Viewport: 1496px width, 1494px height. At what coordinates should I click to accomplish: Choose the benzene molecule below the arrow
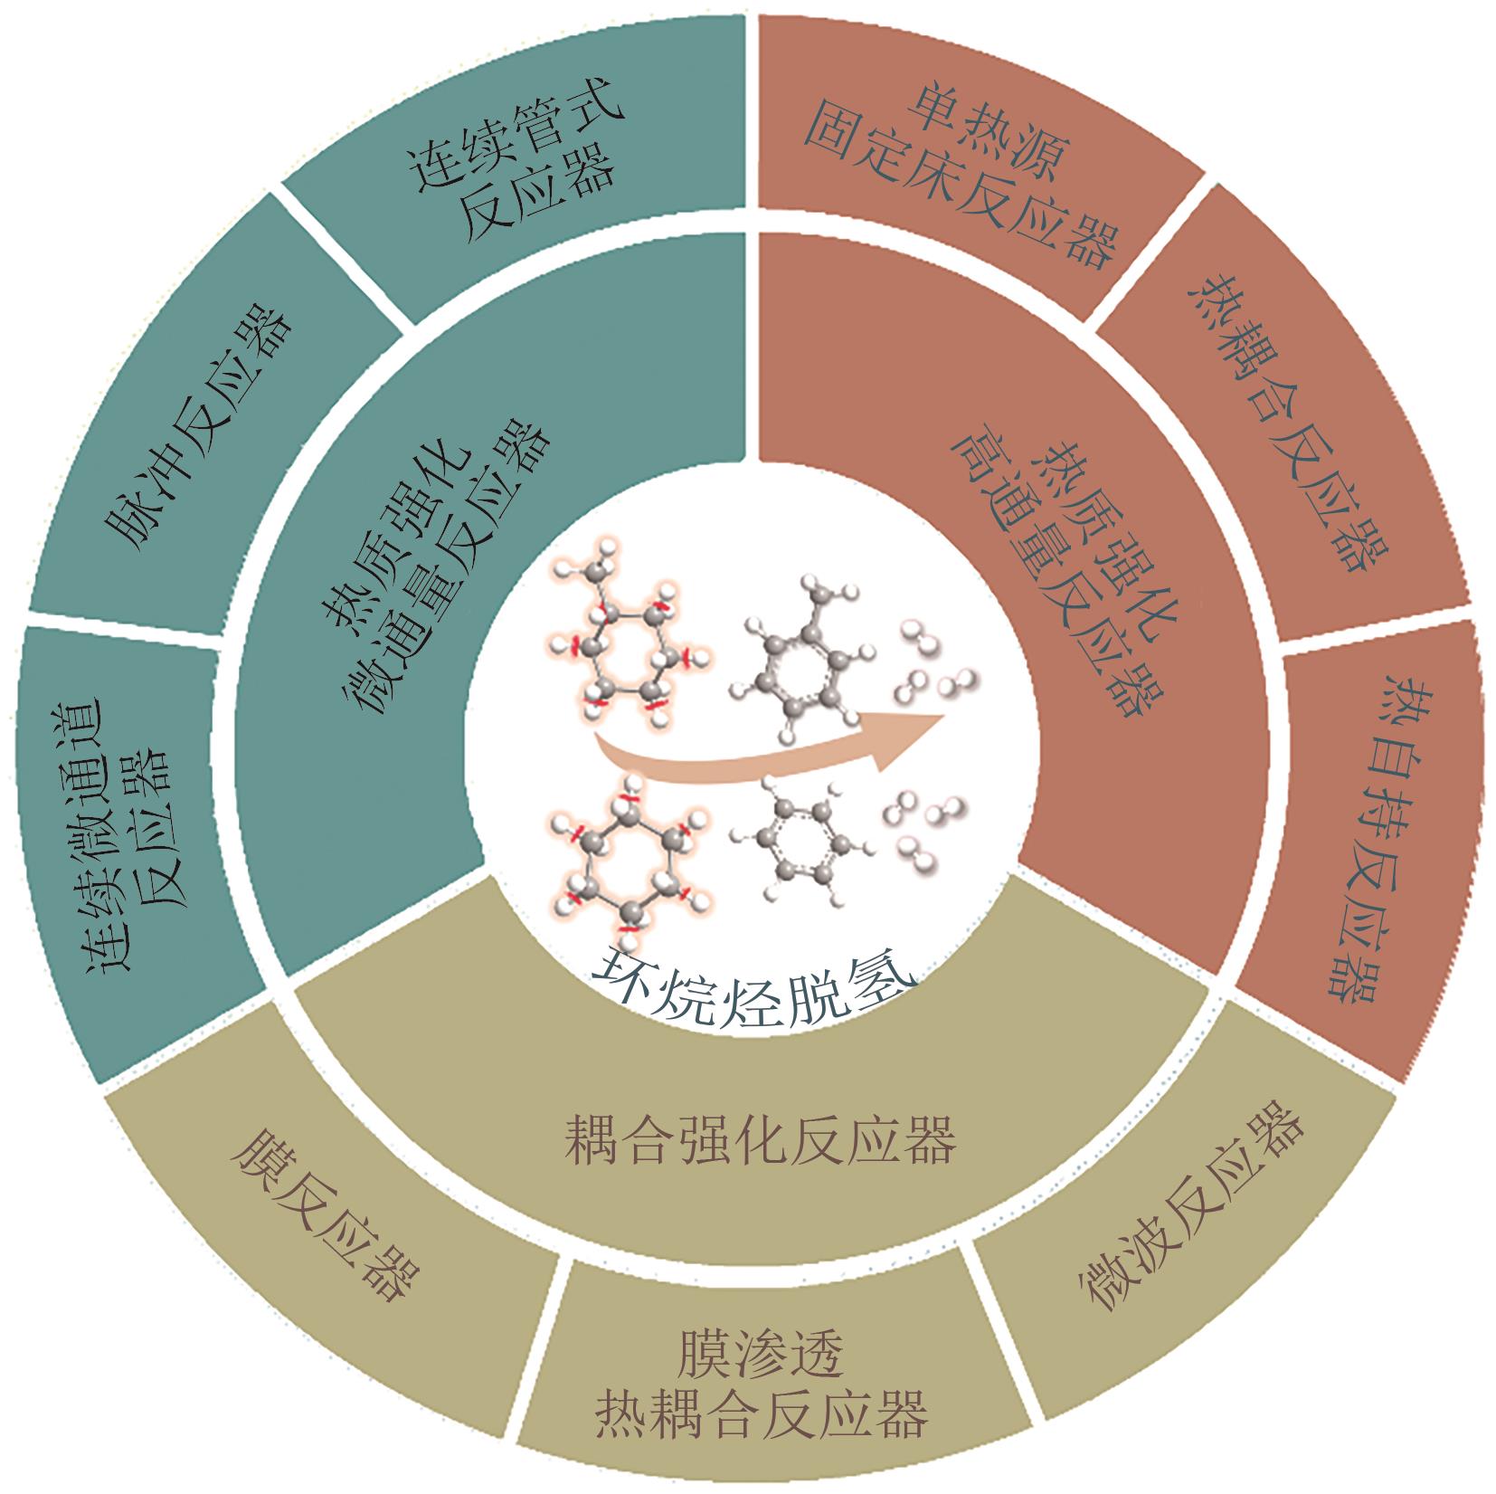800,846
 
